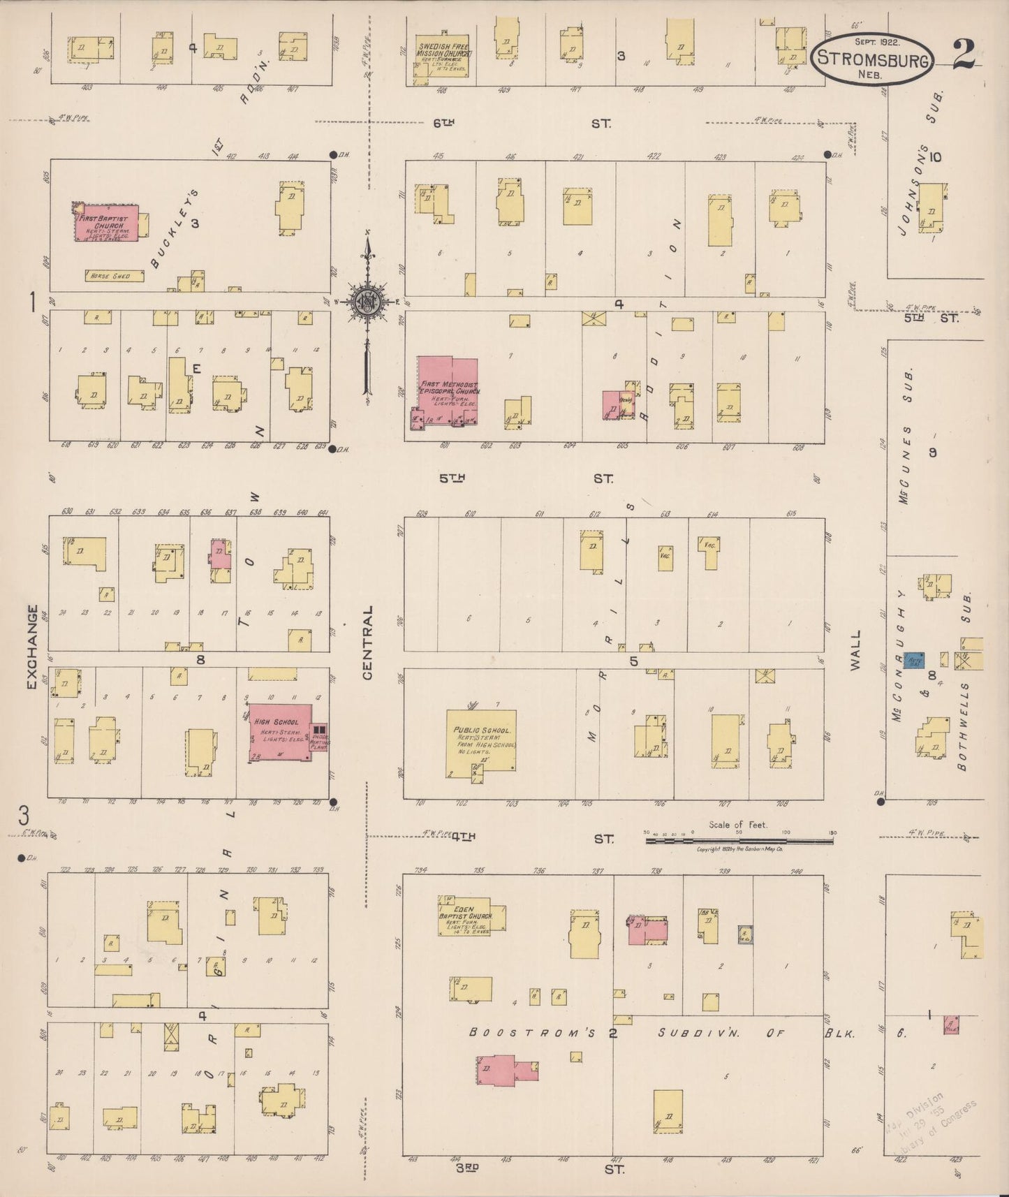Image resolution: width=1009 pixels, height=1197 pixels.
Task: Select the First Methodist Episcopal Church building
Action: (x=447, y=391)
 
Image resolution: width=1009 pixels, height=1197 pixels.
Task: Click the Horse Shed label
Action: (x=115, y=277)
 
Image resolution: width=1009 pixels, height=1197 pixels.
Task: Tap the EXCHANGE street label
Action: (x=31, y=647)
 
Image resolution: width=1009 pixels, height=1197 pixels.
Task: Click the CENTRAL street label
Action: (x=368, y=642)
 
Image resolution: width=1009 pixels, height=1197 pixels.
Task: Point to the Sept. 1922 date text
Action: (x=876, y=42)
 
